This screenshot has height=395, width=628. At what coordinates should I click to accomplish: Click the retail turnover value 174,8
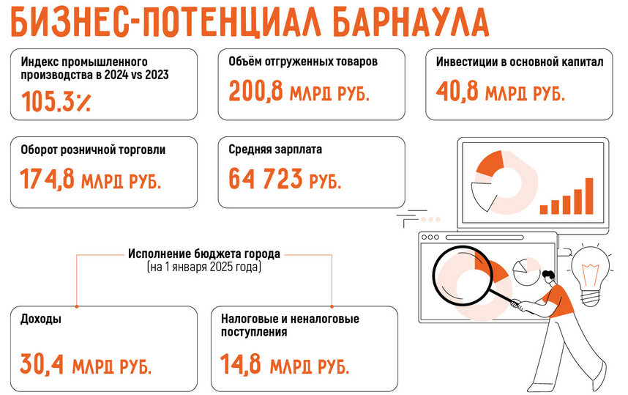(47, 178)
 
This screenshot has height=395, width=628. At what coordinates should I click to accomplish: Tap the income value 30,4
(41, 363)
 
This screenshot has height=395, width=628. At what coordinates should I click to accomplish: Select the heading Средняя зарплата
(275, 149)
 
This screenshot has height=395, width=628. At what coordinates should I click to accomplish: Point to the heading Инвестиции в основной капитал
(519, 62)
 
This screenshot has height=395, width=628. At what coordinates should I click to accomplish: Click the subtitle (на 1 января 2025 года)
(204, 269)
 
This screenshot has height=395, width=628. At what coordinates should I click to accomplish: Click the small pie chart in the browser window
(525, 270)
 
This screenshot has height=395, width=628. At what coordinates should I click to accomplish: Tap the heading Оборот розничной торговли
(94, 149)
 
